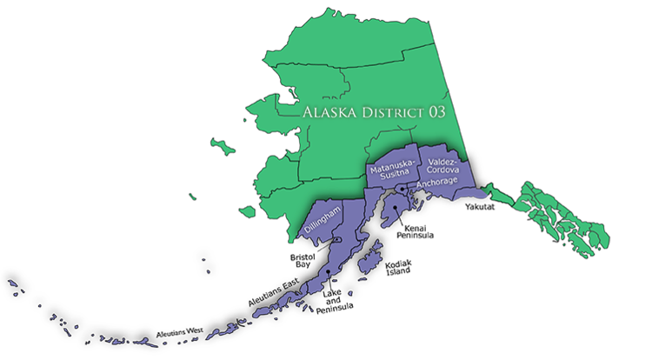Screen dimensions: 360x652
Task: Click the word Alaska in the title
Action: point(325,113)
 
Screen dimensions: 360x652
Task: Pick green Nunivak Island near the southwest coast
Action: point(248,211)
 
